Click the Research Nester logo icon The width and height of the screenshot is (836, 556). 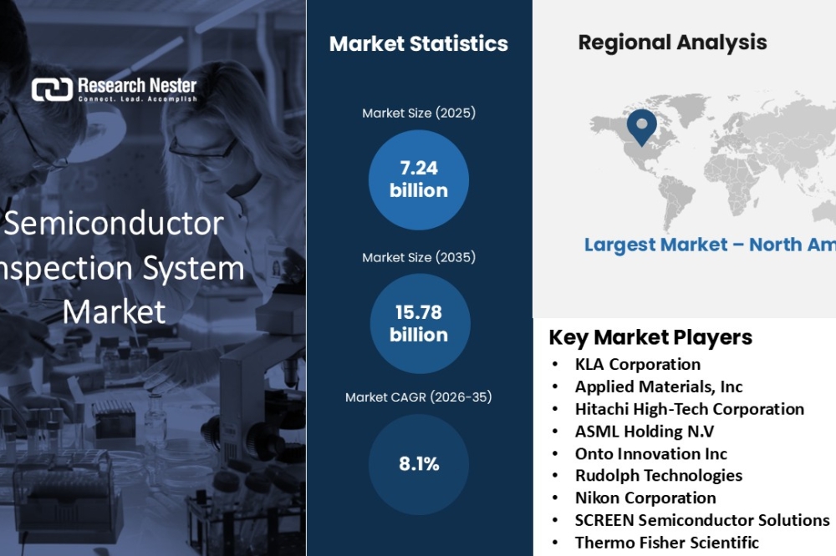pos(52,89)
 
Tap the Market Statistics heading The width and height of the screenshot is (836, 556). pos(419,43)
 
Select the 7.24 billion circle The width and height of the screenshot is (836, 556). pos(419,180)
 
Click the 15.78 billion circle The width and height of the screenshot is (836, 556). pos(420,324)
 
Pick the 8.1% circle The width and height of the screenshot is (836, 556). pos(419,464)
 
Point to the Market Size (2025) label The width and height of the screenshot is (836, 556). pos(419,113)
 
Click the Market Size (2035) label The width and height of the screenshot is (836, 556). pos(419,257)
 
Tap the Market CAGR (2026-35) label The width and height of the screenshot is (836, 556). pos(419,397)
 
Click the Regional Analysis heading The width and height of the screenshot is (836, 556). pos(672,43)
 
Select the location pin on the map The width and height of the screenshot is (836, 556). pos(642,127)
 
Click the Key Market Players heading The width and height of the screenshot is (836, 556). pos(650,337)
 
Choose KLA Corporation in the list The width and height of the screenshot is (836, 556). pos(638,364)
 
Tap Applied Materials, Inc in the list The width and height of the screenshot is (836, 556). pos(659,387)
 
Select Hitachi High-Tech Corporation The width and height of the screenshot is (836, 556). pos(690,409)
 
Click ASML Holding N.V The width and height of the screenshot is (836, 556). pos(644,432)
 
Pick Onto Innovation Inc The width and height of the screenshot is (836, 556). pos(651,454)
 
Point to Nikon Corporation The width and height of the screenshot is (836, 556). pos(645,498)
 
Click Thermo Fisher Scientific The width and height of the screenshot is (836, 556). pos(666,543)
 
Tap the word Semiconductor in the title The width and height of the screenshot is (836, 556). pos(114,223)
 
